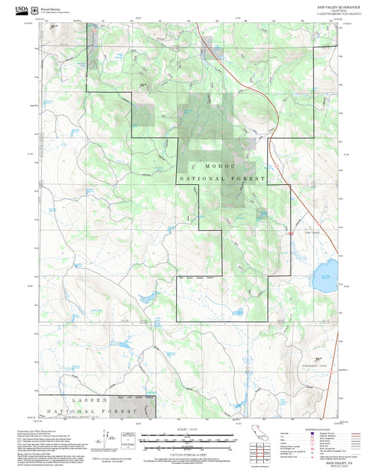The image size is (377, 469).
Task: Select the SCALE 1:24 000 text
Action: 188,429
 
